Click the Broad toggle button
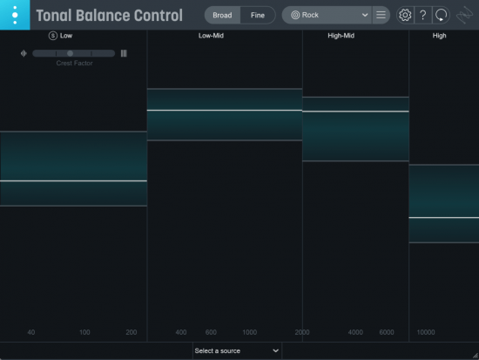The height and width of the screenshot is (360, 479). pyautogui.click(x=222, y=15)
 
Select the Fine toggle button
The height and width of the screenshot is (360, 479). pyautogui.click(x=258, y=15)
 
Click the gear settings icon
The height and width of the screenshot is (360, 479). pyautogui.click(x=405, y=15)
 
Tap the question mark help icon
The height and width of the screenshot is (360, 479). pyautogui.click(x=422, y=15)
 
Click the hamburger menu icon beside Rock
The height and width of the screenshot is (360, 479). pyautogui.click(x=381, y=15)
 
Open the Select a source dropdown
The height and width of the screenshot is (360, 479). pyautogui.click(x=237, y=350)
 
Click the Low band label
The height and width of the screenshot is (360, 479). pyautogui.click(x=66, y=36)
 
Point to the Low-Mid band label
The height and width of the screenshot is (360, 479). pyautogui.click(x=211, y=36)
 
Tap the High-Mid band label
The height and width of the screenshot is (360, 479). pyautogui.click(x=341, y=36)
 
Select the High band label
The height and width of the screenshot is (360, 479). pyautogui.click(x=440, y=36)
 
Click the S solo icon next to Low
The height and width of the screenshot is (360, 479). pyautogui.click(x=53, y=36)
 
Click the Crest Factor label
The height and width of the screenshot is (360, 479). pyautogui.click(x=74, y=63)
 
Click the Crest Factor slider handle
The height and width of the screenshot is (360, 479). pyautogui.click(x=70, y=53)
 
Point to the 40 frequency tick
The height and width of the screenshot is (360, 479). pyautogui.click(x=31, y=332)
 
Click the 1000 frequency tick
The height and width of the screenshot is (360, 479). pyautogui.click(x=249, y=332)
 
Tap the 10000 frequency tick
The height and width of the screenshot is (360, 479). pyautogui.click(x=426, y=332)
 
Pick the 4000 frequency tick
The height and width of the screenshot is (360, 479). pyautogui.click(x=355, y=332)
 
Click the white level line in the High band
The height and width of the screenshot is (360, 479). pyautogui.click(x=443, y=217)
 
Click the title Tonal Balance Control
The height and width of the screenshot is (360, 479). pyautogui.click(x=109, y=16)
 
